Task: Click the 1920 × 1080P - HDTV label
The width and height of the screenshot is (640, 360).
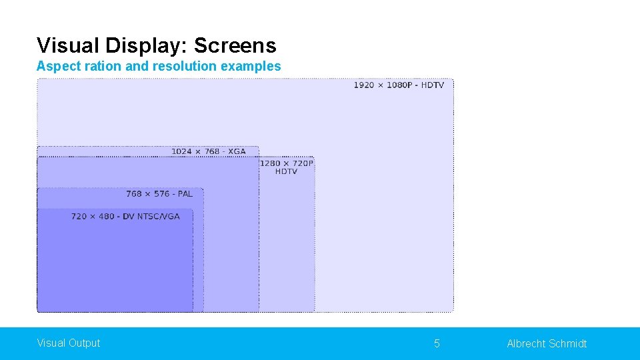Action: click(x=398, y=85)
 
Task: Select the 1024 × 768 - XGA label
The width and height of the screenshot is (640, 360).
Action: click(x=208, y=151)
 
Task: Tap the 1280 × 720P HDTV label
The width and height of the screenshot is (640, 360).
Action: click(x=286, y=167)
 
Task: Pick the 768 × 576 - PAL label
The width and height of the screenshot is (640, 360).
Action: click(x=159, y=194)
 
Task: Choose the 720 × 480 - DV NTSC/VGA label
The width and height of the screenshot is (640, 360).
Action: click(x=125, y=217)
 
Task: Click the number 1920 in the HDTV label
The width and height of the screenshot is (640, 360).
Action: click(x=364, y=85)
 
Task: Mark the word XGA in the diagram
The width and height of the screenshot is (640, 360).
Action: click(x=237, y=151)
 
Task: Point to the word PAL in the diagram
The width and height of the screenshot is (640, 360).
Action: click(x=185, y=194)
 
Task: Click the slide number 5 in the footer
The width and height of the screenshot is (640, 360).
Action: click(x=437, y=343)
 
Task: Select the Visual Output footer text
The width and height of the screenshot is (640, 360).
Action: click(x=69, y=343)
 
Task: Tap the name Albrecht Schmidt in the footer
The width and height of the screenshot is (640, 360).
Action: click(x=547, y=343)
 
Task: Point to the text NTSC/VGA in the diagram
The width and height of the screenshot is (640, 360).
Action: click(x=159, y=217)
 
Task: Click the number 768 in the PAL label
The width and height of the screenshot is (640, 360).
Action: click(x=134, y=194)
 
